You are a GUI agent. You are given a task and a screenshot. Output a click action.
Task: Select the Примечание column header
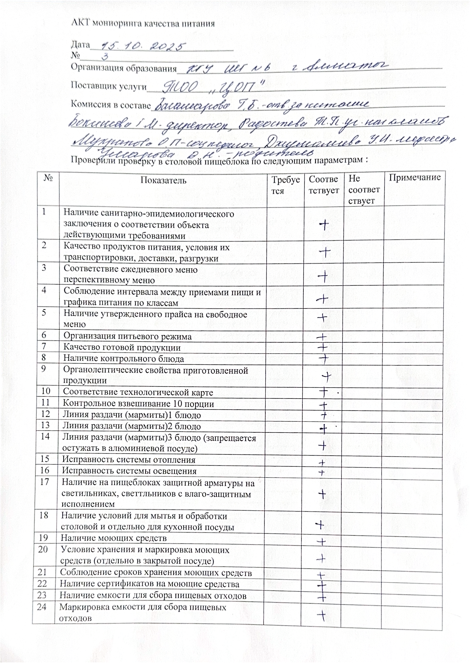415,178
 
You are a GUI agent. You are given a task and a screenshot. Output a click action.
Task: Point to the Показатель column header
163,180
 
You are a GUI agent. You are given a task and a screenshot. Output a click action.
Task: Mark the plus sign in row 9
326,376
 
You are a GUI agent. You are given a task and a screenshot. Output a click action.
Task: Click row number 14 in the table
45,437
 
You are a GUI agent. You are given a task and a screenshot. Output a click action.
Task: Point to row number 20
43,549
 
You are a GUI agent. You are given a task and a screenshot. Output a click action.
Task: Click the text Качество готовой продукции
122,347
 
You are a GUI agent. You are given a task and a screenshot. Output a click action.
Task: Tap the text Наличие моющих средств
114,538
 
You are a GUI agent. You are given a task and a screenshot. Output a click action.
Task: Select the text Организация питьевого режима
127,336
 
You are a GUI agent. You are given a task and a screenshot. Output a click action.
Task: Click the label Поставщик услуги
109,86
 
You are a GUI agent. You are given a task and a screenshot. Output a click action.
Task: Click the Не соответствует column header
364,190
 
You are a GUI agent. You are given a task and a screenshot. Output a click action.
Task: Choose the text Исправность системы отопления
129,460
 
